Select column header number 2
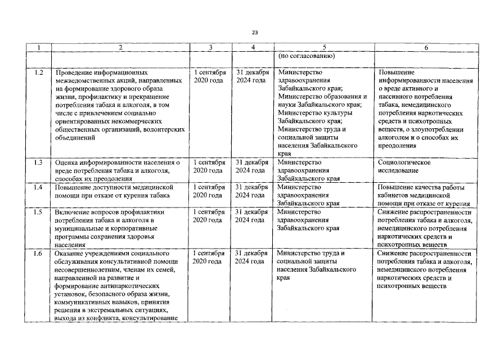[x=120, y=48]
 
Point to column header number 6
[x=426, y=48]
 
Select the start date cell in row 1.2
[x=210, y=77]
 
